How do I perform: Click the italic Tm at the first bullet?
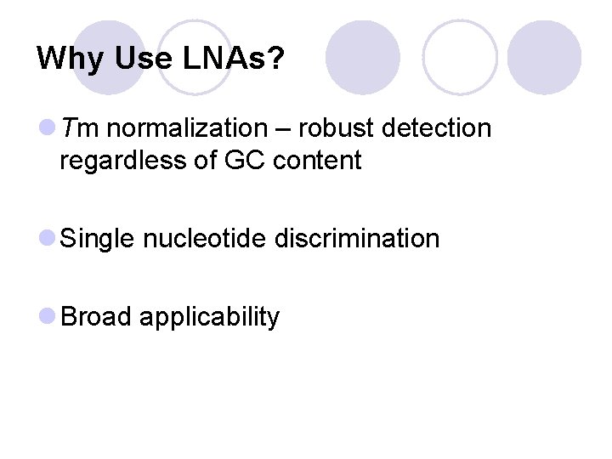coord(82,128)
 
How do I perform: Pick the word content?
coord(317,160)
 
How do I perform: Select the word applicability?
coord(209,318)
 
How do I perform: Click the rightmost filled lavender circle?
coord(544,57)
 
